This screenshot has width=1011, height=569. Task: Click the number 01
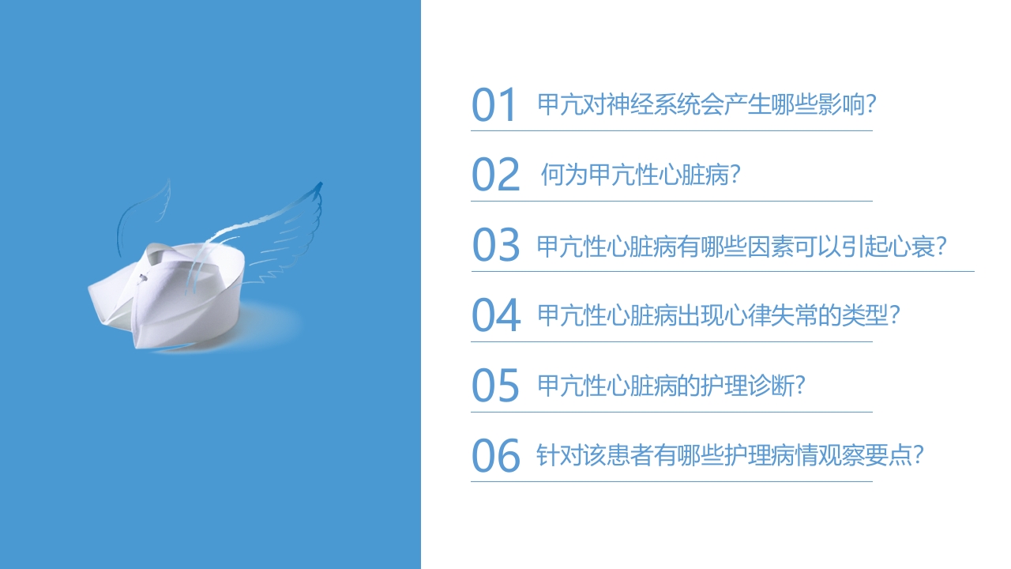tap(494, 106)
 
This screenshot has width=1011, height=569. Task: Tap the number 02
tap(495, 175)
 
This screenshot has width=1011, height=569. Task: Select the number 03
tap(496, 246)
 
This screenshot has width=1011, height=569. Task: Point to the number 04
tap(496, 316)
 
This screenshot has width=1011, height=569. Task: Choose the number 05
tap(495, 386)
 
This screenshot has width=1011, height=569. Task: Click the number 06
tap(496, 456)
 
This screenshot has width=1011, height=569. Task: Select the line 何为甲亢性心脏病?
tap(640, 175)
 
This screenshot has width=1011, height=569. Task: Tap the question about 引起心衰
tap(742, 247)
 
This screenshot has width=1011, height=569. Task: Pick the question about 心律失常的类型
tap(719, 316)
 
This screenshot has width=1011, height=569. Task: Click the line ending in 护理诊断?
tap(671, 386)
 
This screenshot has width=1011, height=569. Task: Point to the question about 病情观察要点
tap(730, 456)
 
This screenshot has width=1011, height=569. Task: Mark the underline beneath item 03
tap(722, 271)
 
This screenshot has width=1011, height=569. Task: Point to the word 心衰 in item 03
tap(910, 247)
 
